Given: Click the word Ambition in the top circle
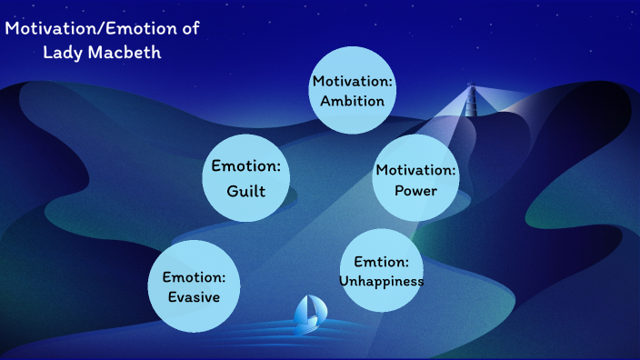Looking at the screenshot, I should click(353, 101).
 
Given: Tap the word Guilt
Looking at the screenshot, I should click(245, 192).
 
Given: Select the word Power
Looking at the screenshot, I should click(415, 191).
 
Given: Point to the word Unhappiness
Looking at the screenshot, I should click(381, 281).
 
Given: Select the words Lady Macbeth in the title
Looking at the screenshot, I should click(102, 52).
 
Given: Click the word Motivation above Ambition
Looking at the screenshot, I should click(353, 82).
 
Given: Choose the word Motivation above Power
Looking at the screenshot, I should click(416, 171).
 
